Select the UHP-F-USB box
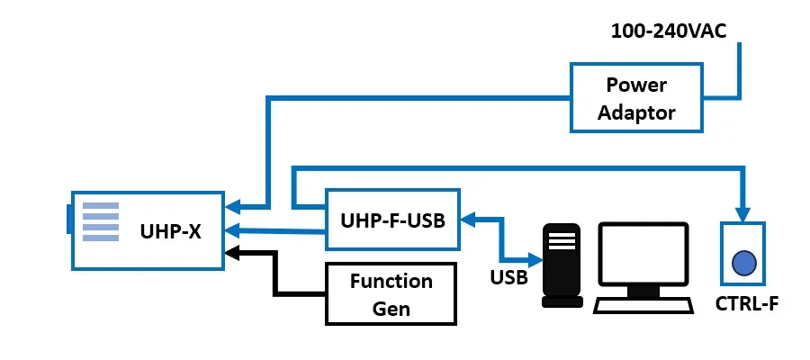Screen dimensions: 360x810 pyautogui.click(x=392, y=220)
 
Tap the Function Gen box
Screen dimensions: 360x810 pyautogui.click(x=391, y=294)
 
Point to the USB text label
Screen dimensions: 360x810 pyautogui.click(x=508, y=276)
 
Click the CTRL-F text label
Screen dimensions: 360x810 pyautogui.click(x=746, y=301)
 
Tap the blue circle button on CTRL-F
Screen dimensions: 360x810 pyautogui.click(x=743, y=262)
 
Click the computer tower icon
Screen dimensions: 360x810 pyautogui.click(x=562, y=265)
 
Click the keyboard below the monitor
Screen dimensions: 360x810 pyautogui.click(x=645, y=304)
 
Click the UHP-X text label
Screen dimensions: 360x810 pyautogui.click(x=170, y=230)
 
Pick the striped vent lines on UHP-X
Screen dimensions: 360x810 pyautogui.click(x=100, y=221)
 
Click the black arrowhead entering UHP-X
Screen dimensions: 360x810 pyautogui.click(x=231, y=252)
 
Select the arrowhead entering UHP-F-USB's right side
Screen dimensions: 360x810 pyautogui.click(x=468, y=218)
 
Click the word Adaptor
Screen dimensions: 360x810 pyautogui.click(x=635, y=112)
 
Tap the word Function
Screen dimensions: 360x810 pyautogui.click(x=391, y=282)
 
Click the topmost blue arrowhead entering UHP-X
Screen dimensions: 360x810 pyautogui.click(x=231, y=205)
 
